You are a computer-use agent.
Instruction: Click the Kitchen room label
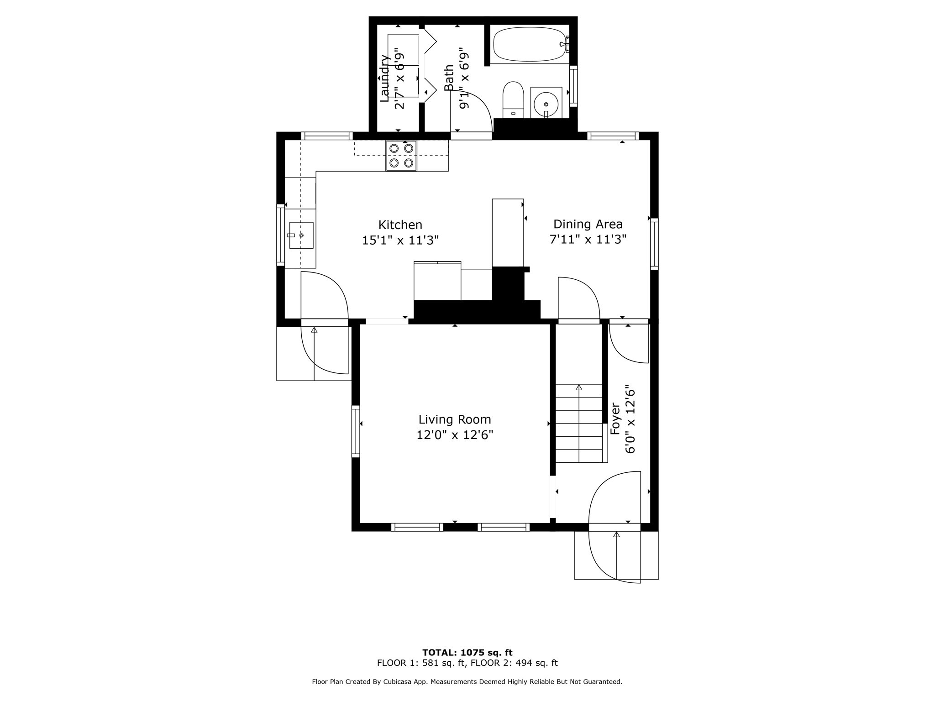400,225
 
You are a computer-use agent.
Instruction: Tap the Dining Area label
588,225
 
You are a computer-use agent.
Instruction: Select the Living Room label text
455,419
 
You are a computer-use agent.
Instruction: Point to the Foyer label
615,418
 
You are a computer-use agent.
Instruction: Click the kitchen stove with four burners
401,156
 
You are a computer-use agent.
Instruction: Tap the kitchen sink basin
301,235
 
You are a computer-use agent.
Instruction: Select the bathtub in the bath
531,44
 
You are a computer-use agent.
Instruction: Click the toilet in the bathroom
513,100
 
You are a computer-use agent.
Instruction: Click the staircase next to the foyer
579,423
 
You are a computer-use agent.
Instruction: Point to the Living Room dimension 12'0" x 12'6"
455,435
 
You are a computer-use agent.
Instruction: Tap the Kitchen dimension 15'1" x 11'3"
400,240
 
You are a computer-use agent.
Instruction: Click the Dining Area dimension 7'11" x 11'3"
588,239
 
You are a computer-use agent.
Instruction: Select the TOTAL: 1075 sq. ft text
467,653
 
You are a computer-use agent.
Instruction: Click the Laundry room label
385,78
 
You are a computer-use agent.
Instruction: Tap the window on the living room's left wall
356,431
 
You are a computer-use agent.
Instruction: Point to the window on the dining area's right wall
654,244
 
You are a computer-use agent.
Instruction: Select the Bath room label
449,78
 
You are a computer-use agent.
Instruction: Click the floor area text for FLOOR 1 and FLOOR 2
467,663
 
